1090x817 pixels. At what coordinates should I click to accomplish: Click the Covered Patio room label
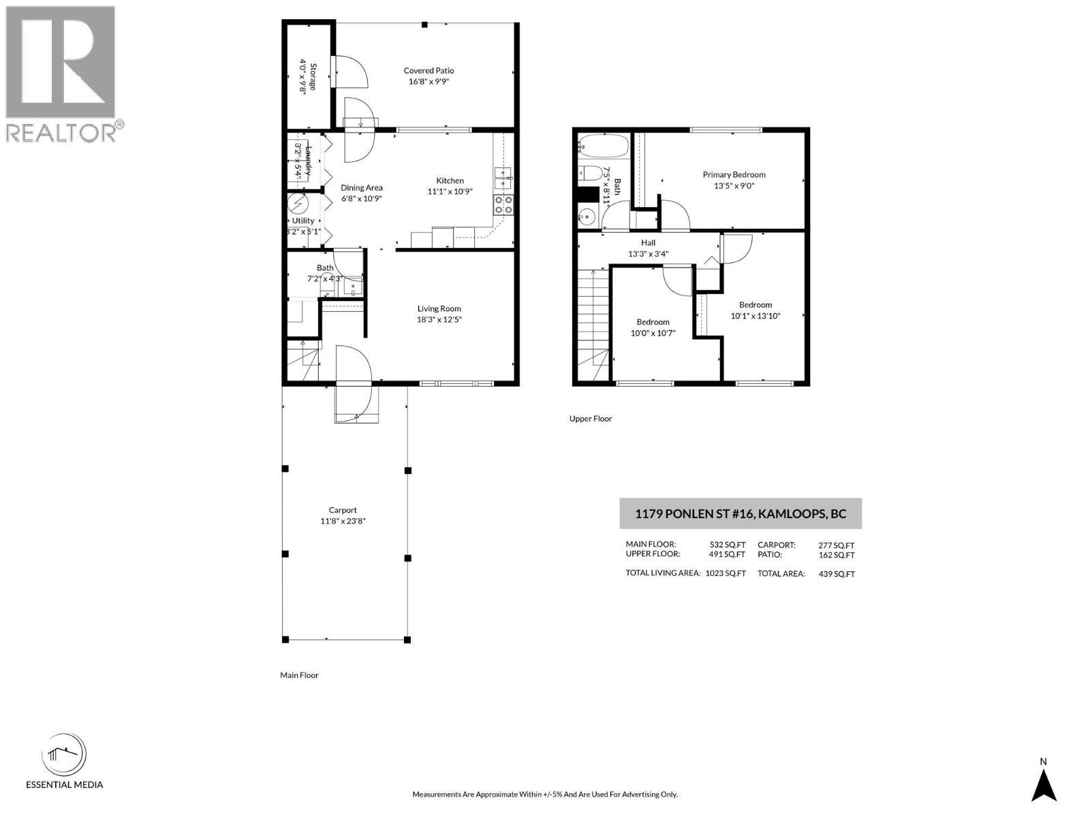point(429,71)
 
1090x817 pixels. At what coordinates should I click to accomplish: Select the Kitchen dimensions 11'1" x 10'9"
point(450,192)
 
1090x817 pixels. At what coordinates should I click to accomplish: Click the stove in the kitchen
point(504,204)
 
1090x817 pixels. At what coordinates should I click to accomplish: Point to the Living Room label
point(439,308)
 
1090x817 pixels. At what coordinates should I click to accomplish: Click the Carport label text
point(343,510)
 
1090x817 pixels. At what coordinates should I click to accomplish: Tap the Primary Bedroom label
point(734,175)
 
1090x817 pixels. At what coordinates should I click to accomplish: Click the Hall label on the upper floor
point(648,243)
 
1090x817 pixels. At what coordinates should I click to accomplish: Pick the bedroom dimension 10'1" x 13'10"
point(756,316)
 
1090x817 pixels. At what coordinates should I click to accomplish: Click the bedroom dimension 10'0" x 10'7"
point(653,333)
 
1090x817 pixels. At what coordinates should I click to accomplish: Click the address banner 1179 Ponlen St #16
point(741,513)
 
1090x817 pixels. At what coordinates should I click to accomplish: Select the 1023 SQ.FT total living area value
point(726,573)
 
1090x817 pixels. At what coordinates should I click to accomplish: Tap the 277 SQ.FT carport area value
point(836,545)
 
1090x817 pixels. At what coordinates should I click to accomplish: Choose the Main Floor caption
point(299,675)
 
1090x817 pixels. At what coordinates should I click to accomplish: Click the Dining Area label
point(362,188)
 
